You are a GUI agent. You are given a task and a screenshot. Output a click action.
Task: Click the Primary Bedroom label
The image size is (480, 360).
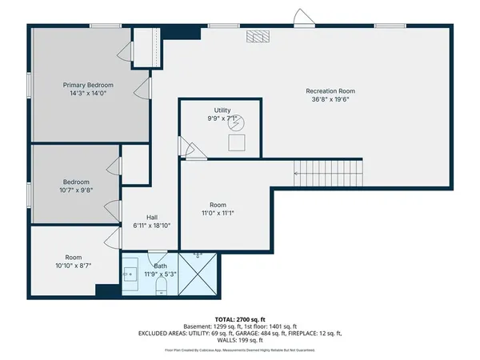click(89, 85)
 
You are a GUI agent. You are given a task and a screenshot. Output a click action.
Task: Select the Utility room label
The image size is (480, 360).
click(222, 110)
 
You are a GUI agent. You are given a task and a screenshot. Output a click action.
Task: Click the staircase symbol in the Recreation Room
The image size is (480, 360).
click(329, 170)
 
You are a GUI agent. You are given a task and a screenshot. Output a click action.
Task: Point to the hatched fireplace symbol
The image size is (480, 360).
click(258, 36)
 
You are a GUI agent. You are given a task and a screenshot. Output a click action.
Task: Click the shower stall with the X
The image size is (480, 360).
click(199, 274)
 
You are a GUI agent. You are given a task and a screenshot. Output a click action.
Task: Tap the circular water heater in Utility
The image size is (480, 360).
click(237, 122)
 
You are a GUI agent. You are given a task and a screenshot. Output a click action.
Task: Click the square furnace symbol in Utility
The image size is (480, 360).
click(237, 143)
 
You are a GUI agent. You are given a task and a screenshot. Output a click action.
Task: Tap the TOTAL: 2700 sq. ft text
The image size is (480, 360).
click(239, 319)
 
